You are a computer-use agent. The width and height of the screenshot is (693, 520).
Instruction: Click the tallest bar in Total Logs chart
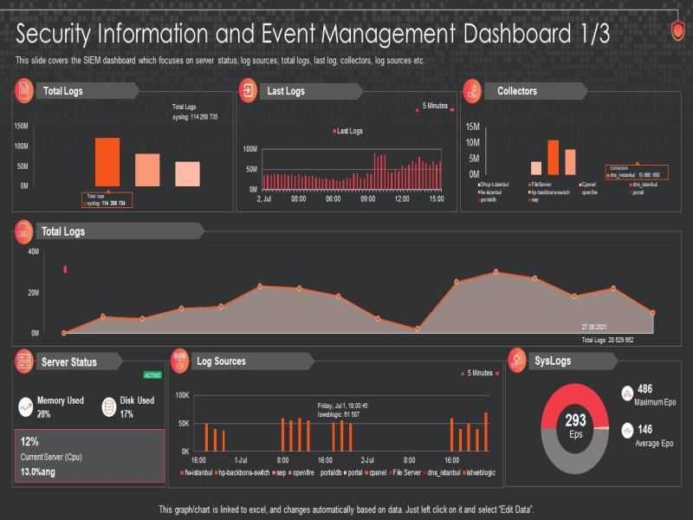pyautogui.click(x=107, y=162)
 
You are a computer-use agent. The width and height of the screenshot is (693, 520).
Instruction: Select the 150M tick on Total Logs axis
pyautogui.click(x=21, y=127)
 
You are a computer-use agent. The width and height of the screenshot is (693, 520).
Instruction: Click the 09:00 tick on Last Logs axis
pyautogui.click(x=366, y=199)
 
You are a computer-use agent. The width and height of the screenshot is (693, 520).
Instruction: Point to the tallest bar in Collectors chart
pyautogui.click(x=553, y=158)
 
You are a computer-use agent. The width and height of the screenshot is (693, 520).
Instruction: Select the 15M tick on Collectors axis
pyautogui.click(x=473, y=127)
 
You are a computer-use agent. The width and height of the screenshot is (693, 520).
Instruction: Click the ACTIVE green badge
pyautogui.click(x=152, y=375)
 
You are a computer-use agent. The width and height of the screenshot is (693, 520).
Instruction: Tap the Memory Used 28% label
pyautogui.click(x=60, y=406)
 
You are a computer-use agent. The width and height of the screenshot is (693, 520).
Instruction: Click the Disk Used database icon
pyautogui.click(x=109, y=406)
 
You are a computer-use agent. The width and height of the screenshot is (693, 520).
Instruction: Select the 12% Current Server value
pyautogui.click(x=30, y=441)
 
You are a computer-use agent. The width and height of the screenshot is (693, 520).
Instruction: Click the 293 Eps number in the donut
pyautogui.click(x=576, y=421)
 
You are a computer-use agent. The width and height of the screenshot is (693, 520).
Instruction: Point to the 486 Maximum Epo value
pyautogui.click(x=644, y=389)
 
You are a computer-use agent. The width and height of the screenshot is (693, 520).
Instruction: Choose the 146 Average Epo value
pyautogui.click(x=644, y=428)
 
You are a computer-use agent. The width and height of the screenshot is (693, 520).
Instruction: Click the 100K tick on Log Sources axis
pyautogui.click(x=182, y=395)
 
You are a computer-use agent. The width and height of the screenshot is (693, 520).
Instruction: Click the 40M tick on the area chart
pyautogui.click(x=34, y=252)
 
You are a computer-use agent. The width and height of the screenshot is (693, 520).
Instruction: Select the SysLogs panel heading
pyautogui.click(x=553, y=361)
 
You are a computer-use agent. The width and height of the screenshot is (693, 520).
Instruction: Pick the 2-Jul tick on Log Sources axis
pyautogui.click(x=366, y=460)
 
